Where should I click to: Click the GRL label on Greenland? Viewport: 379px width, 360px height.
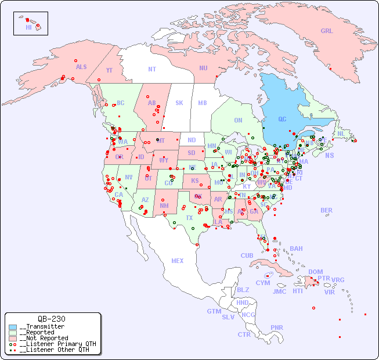pos(327,31)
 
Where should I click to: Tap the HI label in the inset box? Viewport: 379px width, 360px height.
pos(28,27)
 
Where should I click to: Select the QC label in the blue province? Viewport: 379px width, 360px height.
pos(282,119)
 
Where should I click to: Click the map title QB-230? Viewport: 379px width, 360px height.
pos(51,319)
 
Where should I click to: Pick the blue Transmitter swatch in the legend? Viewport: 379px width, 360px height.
pos(13,327)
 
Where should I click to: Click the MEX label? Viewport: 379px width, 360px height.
pos(178,261)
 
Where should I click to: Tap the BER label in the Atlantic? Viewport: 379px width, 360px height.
pos(327,210)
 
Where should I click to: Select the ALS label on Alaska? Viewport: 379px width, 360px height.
pos(81,67)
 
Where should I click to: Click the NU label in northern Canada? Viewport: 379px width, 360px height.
pos(203,68)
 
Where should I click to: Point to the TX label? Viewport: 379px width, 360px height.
pos(189,218)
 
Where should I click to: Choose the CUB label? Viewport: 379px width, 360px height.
pos(247,255)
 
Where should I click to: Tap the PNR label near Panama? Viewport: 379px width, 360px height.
pos(277,327)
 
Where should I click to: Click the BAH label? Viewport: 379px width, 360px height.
pos(296,249)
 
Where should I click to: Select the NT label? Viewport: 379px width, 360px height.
pos(152,69)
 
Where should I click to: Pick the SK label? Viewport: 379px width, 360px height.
pos(179,103)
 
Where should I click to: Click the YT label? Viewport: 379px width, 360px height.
pos(109,70)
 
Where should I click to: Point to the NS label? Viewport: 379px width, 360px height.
pos(329,155)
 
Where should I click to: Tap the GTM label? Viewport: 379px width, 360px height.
pos(214,311)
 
